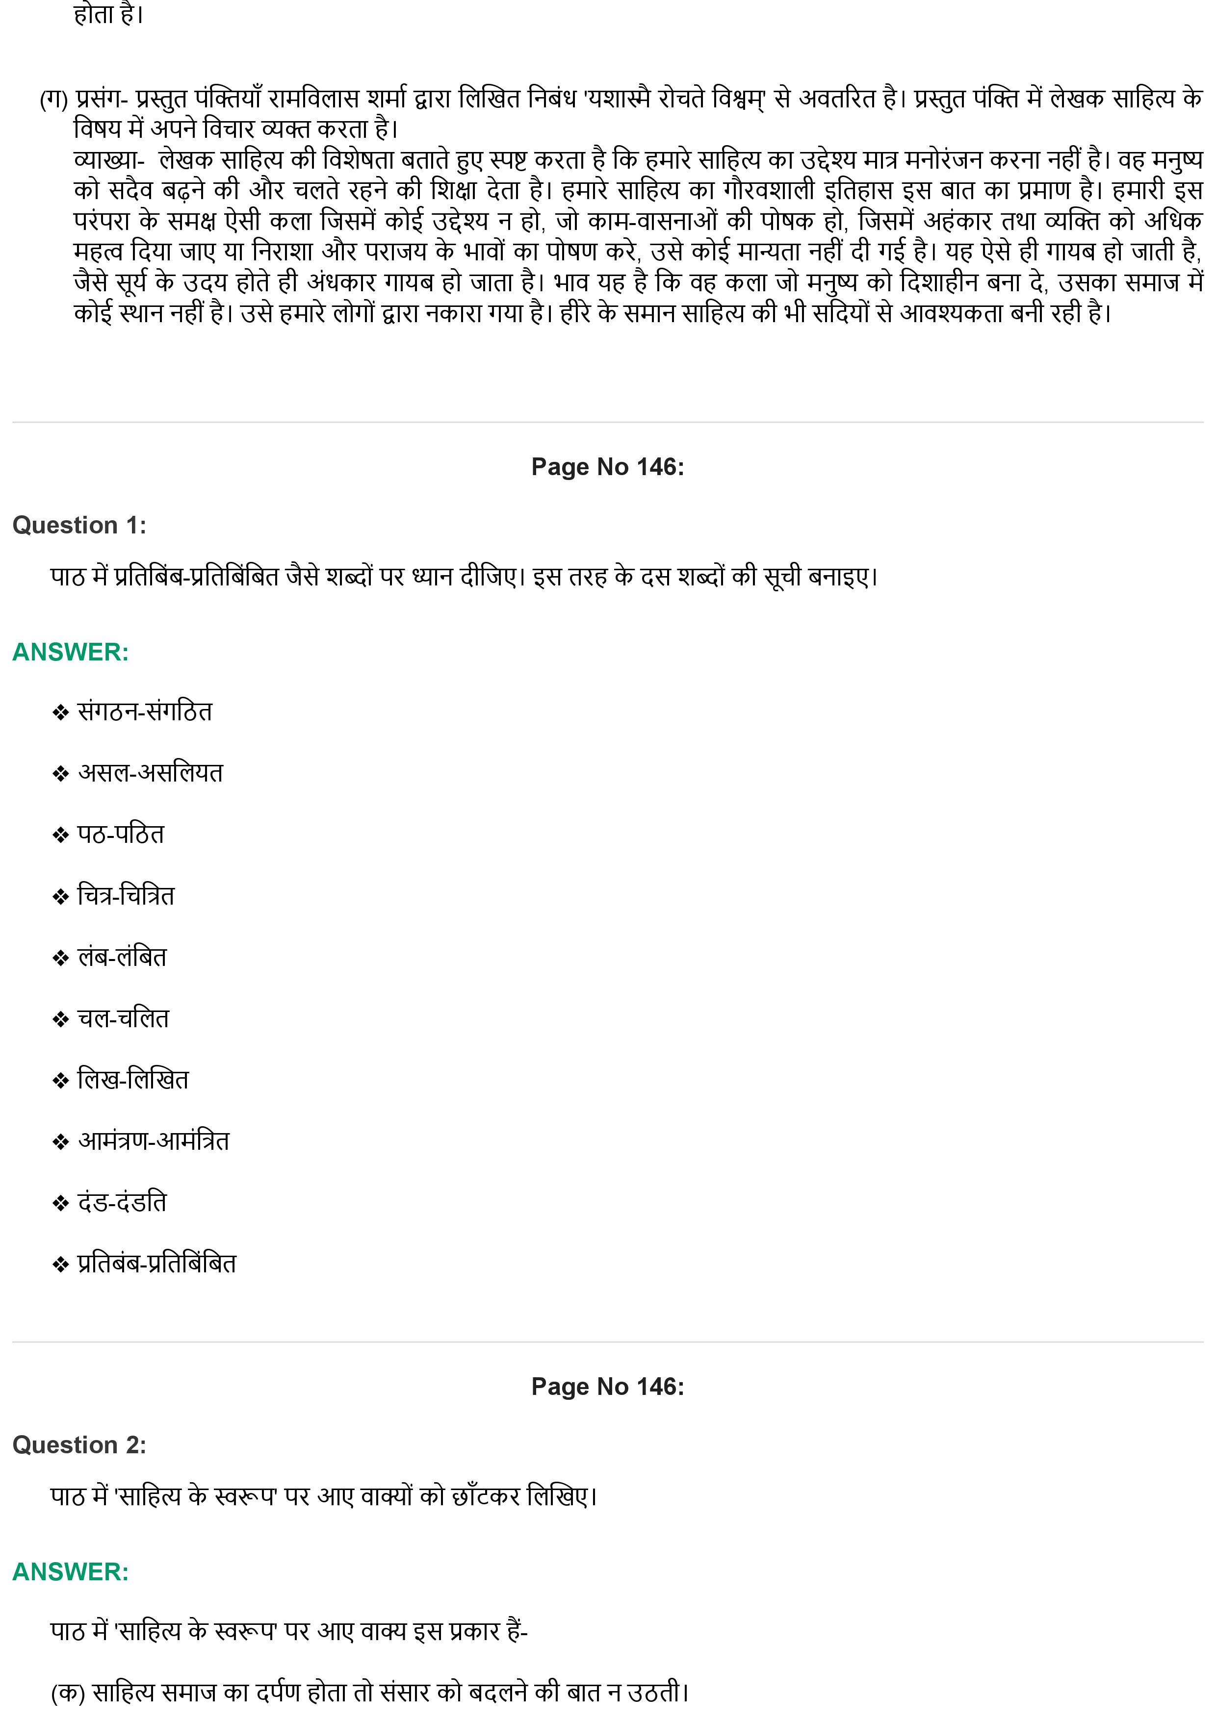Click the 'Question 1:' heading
coord(79,525)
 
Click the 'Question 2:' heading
coord(79,1445)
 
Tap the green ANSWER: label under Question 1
coord(71,652)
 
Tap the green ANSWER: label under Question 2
coord(71,1571)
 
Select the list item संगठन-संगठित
coord(145,711)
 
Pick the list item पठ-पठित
coord(121,835)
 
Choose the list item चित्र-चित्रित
coord(126,896)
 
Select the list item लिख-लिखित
coord(133,1080)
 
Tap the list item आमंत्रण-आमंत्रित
coord(154,1141)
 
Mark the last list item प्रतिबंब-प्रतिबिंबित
coord(156,1265)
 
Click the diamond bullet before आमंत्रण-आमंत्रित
coord(60,1142)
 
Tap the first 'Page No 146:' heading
coord(608,467)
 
